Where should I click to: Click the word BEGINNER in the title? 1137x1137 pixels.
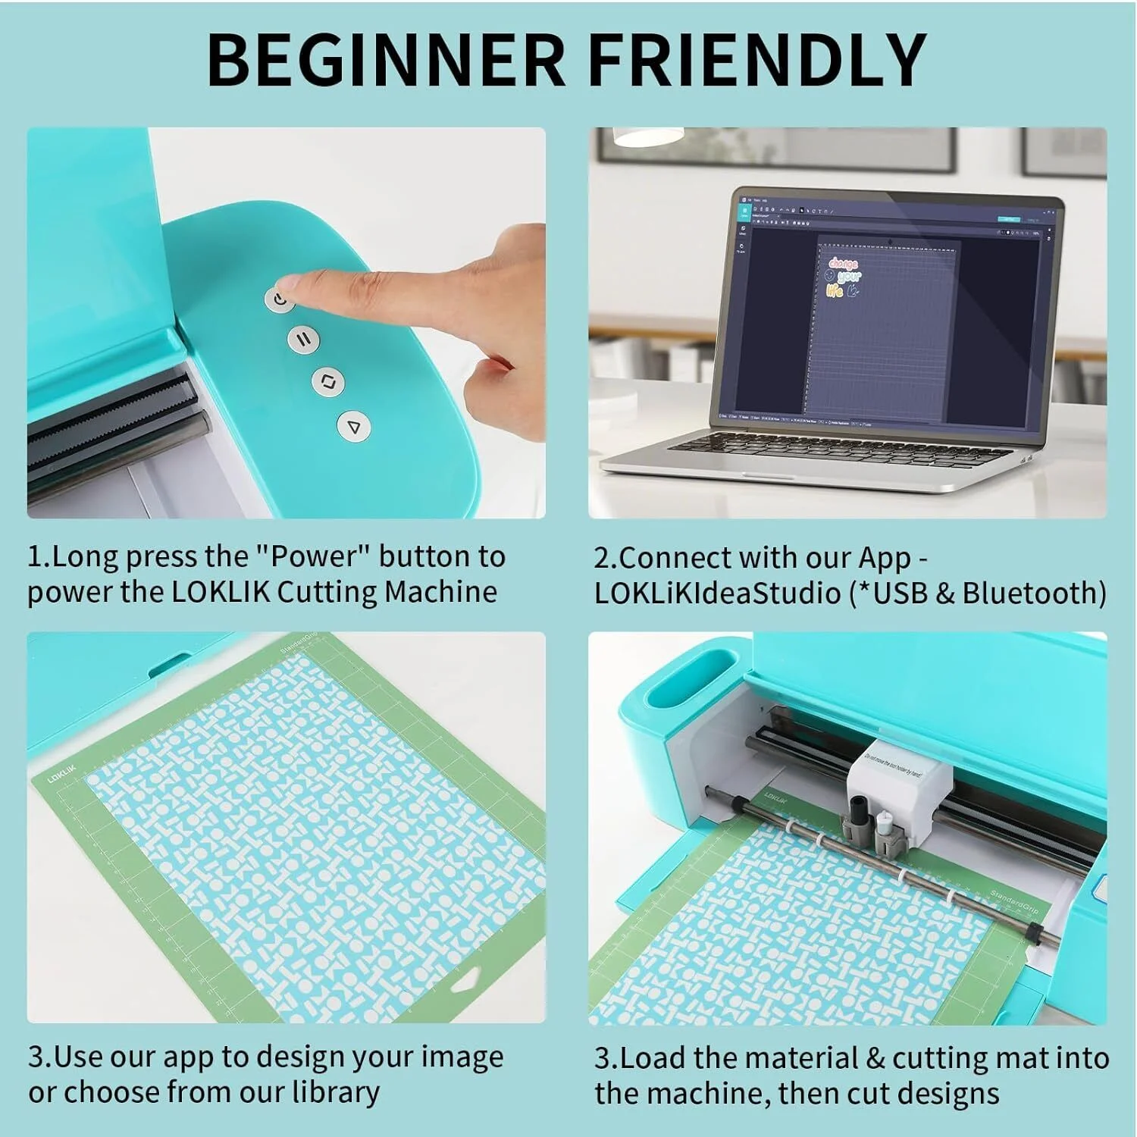pos(386,59)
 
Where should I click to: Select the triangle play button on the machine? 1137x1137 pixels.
pos(352,427)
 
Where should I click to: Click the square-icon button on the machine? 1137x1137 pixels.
pos(328,382)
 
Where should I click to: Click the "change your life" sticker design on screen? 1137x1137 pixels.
pos(843,277)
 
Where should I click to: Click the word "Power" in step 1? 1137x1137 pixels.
pos(313,557)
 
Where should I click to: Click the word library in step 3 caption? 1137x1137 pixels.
pos(334,1093)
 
